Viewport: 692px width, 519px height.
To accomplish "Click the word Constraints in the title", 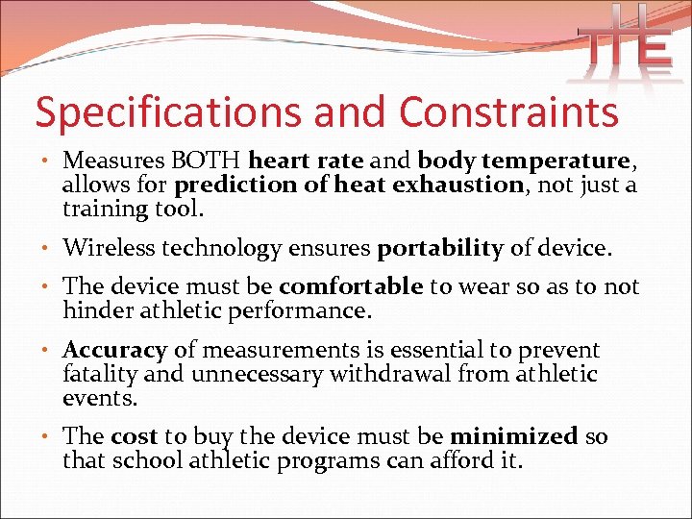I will tap(508, 112).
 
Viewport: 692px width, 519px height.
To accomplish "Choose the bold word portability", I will tap(440, 249).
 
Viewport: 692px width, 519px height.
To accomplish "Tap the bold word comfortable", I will tap(351, 286).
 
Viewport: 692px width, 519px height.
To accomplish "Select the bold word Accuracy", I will tap(115, 351).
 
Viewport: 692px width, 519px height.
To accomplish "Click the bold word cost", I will tap(134, 436).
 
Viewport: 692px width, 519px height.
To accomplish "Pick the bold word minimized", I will tap(514, 436).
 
